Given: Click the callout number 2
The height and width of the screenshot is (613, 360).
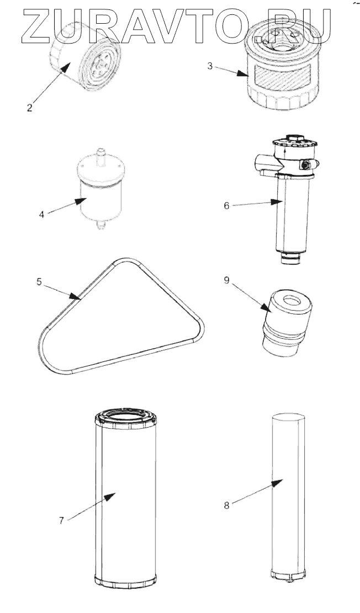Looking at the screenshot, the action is point(29,108).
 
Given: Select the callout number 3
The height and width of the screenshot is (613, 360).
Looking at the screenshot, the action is point(210,66).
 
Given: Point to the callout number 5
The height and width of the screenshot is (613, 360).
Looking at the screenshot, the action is point(39,281).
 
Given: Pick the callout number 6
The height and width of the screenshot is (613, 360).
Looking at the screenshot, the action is point(226,205).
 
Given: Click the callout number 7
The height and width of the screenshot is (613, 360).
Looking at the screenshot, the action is point(62,520).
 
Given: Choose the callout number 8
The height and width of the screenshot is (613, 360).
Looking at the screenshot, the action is point(227,503).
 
